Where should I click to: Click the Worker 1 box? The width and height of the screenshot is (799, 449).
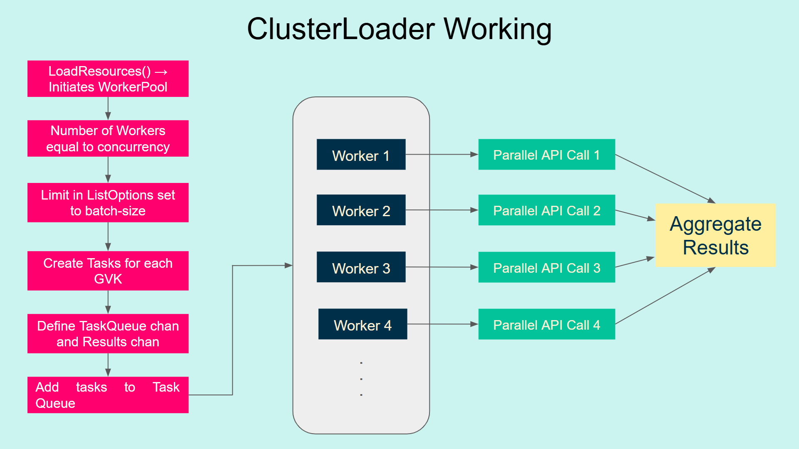coord(361,155)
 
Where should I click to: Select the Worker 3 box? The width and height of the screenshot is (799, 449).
coord(361,267)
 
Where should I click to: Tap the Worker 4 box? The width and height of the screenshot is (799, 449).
coord(362,324)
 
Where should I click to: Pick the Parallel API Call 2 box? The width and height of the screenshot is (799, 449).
coord(546,210)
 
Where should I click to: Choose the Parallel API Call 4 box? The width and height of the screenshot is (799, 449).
coord(546,324)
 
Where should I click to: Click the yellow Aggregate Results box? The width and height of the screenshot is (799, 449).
coord(715,235)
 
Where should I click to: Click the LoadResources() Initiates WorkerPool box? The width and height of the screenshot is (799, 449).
coord(108,79)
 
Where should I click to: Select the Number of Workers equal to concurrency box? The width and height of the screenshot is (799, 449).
coord(108,138)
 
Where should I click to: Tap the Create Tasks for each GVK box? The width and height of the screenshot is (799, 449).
coord(108,271)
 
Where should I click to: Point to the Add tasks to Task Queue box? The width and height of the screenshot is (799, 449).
coord(108,395)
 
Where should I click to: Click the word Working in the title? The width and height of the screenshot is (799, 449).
coord(497,30)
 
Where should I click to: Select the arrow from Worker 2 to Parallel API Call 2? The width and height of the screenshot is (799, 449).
coord(441,210)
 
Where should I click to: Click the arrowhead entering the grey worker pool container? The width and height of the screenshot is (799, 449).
coord(288,265)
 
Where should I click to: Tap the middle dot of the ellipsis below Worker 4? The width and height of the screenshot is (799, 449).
coord(361,379)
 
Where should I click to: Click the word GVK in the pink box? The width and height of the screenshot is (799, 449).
coord(108,279)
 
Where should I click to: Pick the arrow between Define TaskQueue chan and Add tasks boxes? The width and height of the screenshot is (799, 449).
coord(108,365)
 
